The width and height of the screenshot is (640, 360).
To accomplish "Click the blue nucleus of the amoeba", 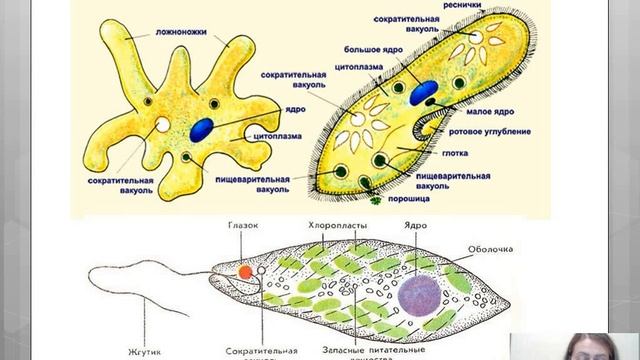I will point(203,127).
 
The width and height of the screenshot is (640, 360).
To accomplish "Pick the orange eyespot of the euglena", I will point(244,270).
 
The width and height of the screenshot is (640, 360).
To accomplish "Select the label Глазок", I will point(243,226).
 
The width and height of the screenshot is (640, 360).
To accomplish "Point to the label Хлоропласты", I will point(338,227).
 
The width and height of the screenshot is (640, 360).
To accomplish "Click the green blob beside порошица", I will point(375,199).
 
